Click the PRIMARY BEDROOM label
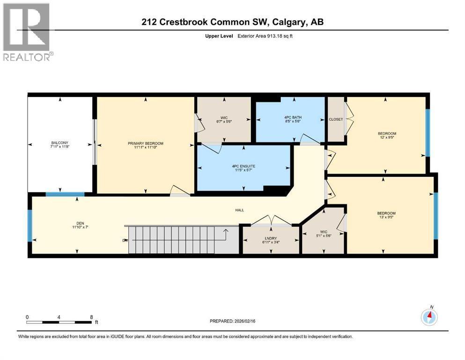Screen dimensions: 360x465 [x=145, y=143]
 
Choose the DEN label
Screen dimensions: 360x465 [x=77, y=223]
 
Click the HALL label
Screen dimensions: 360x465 [x=240, y=210]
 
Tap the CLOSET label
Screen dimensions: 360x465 [x=335, y=119]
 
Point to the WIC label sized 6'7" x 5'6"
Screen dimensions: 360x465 [x=224, y=121]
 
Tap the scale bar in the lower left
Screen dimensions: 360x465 [x=59, y=322]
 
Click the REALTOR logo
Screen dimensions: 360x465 [x=27, y=31]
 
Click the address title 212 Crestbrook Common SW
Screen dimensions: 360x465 [x=232, y=22]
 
